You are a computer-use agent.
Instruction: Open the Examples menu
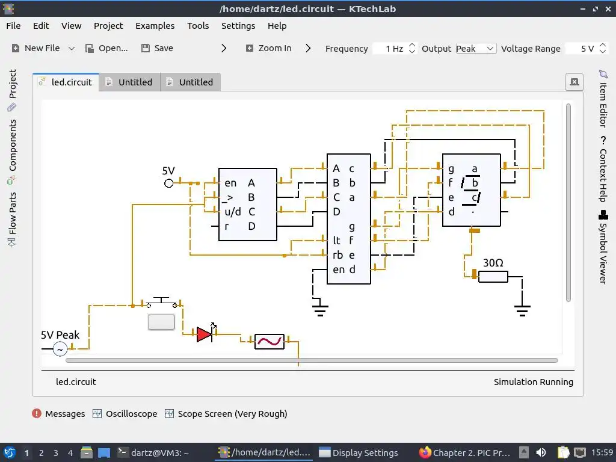[155, 26]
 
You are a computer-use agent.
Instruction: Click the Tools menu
[198, 26]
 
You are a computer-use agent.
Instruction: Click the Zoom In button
[268, 48]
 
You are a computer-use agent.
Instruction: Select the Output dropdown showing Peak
[475, 49]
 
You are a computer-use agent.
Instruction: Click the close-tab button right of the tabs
[574, 82]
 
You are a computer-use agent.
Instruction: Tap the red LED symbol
[205, 334]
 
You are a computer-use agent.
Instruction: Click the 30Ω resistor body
[493, 277]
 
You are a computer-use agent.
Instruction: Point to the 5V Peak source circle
[60, 349]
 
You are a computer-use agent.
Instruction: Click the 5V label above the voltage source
[168, 171]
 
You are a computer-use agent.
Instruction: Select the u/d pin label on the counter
[233, 212]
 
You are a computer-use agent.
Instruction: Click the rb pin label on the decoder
[337, 255]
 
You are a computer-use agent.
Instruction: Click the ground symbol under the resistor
[522, 311]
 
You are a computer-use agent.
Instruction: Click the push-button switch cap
[161, 322]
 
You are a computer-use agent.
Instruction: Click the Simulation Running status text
[533, 382]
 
